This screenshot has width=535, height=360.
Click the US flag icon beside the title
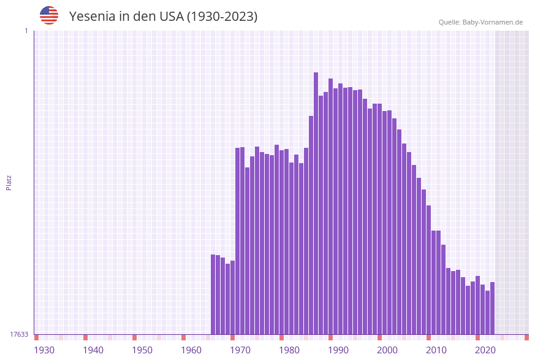click(x=49, y=15)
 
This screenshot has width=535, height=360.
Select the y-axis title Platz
click(x=9, y=182)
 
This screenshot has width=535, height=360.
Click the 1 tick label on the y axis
click(x=26, y=31)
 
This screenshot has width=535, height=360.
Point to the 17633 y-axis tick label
click(x=19, y=334)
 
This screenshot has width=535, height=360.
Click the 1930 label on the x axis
click(x=44, y=350)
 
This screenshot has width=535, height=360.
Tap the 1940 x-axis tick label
click(x=93, y=350)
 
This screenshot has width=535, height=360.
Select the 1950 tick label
click(x=142, y=350)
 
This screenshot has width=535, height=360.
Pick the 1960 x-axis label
click(x=191, y=350)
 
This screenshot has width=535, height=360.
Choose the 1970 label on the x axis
click(x=240, y=350)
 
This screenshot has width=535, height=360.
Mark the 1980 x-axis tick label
click(x=289, y=350)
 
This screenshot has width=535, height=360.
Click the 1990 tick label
click(x=338, y=350)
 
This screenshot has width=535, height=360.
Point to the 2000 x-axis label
click(x=387, y=350)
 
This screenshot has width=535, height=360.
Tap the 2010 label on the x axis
click(x=436, y=350)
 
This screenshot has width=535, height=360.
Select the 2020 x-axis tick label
click(x=485, y=350)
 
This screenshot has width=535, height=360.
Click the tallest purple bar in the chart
click(x=316, y=202)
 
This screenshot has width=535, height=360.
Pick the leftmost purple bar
click(x=213, y=294)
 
